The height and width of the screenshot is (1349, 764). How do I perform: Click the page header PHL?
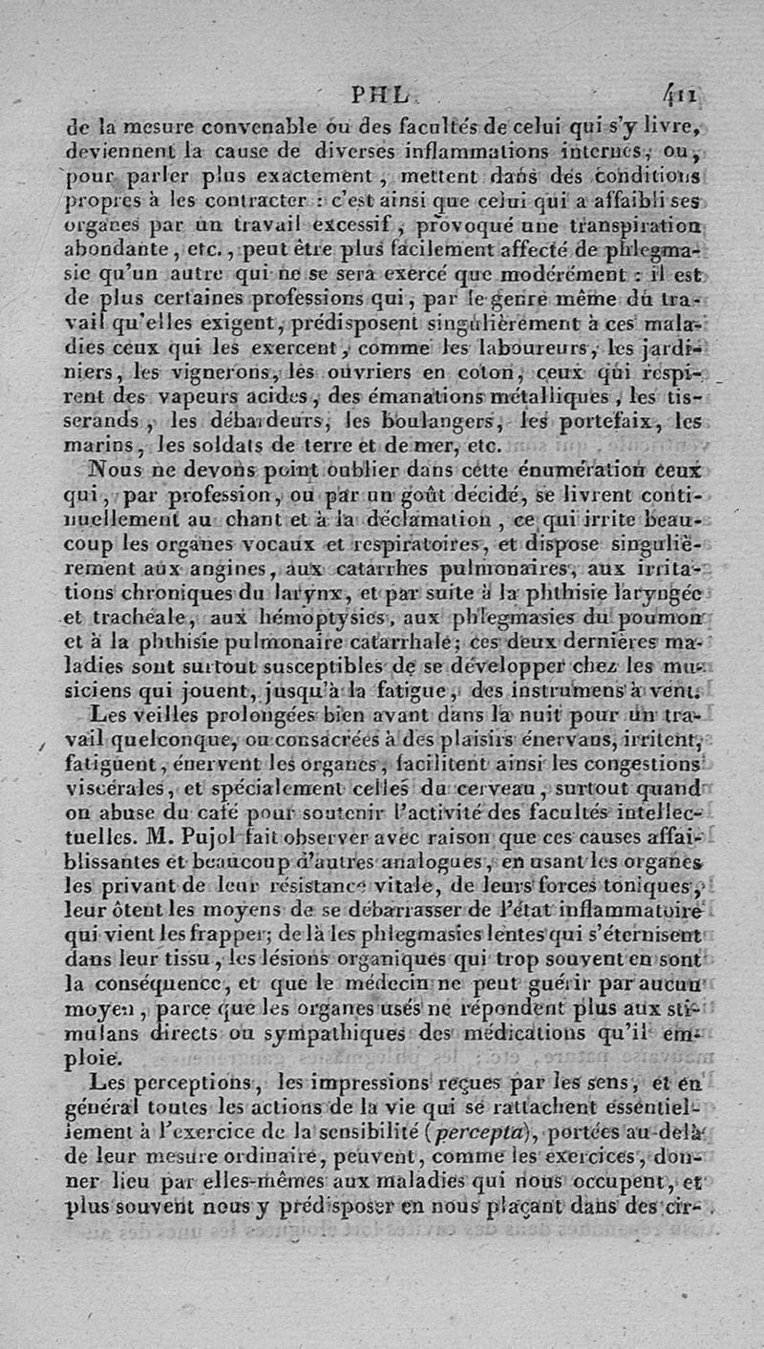[380, 95]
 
